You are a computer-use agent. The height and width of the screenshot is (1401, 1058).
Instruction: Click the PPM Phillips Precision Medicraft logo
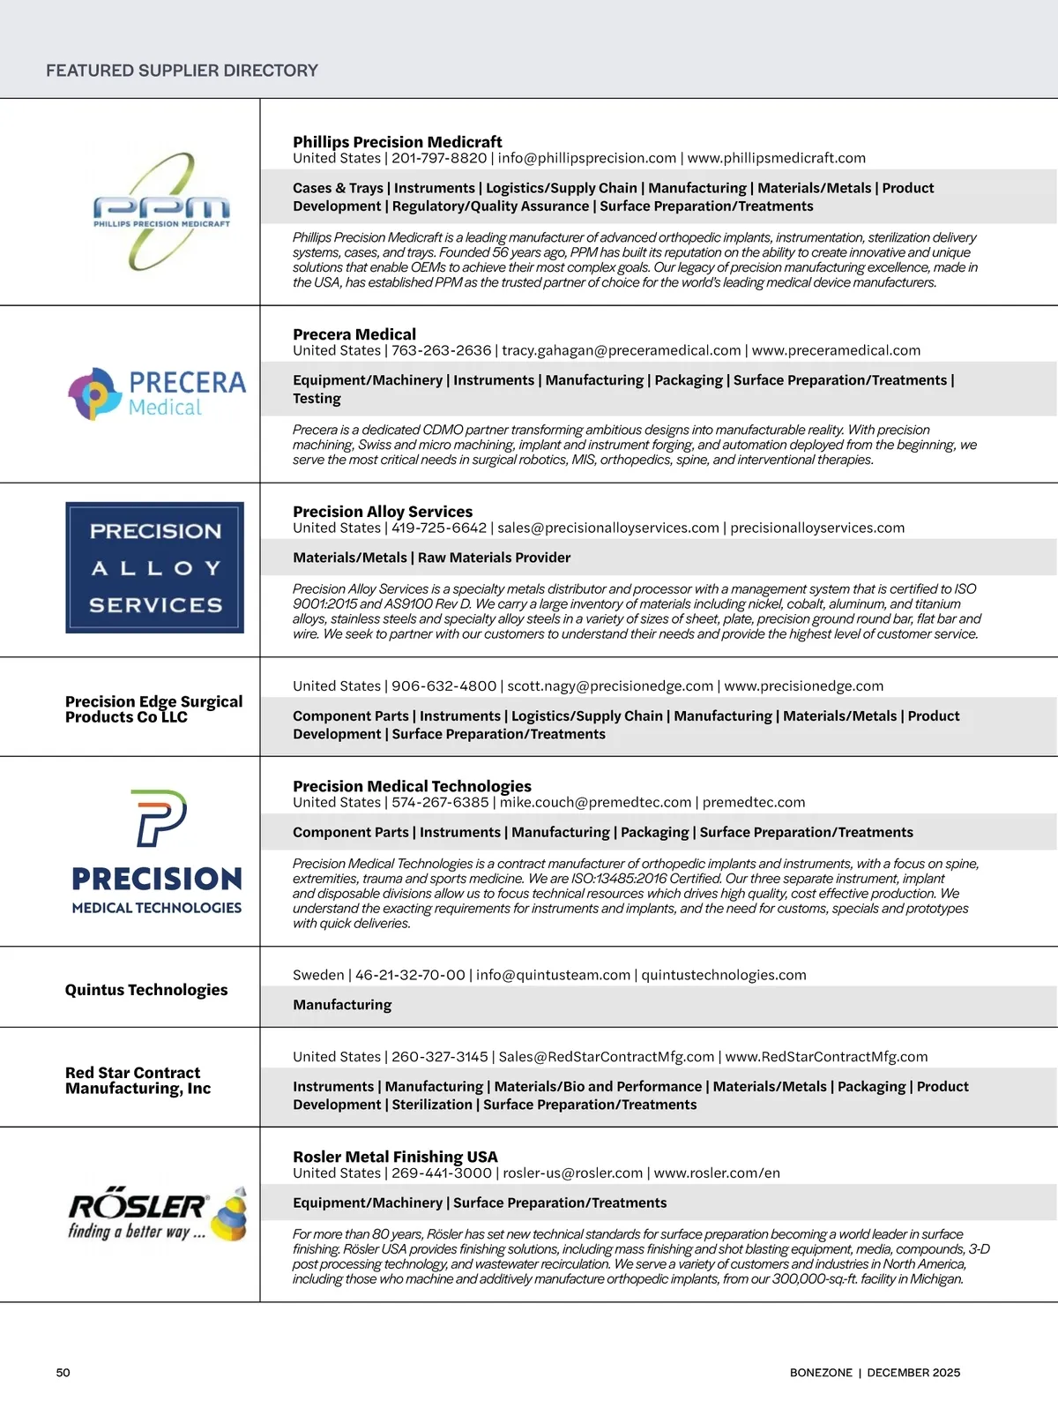161,212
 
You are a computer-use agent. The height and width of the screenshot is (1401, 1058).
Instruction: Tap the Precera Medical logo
157,393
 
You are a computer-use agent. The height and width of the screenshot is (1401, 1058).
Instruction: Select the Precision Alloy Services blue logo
154,567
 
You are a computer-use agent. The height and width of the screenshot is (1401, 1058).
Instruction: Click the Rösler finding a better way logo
157,1214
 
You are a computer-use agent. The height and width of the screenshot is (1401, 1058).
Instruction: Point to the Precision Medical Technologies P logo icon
159,818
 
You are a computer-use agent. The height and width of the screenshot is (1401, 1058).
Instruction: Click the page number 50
63,1373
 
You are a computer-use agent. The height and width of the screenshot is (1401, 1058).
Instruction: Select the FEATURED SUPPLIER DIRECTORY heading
182,71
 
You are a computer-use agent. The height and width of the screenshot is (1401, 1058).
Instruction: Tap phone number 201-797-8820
439,158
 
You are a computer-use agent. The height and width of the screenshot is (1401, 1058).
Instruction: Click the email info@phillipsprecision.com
586,158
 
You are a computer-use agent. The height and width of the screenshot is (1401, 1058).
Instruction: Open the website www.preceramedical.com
836,350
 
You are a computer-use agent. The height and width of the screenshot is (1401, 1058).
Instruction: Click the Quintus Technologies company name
146,990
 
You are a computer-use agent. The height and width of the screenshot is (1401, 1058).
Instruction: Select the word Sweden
318,975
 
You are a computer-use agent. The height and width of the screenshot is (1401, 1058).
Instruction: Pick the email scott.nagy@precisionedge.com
610,686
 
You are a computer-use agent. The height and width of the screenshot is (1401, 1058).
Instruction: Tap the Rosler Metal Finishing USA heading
395,1157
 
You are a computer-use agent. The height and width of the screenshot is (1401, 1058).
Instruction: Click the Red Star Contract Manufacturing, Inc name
138,1081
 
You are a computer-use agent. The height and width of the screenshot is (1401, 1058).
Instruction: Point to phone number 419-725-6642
439,528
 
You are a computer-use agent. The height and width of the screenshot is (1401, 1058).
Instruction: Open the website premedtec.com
754,802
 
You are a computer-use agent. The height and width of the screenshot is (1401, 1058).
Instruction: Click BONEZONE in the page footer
821,1373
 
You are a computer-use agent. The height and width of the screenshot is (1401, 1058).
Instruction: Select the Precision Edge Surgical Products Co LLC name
153,709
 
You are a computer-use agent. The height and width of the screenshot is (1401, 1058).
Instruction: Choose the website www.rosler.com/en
717,1172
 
